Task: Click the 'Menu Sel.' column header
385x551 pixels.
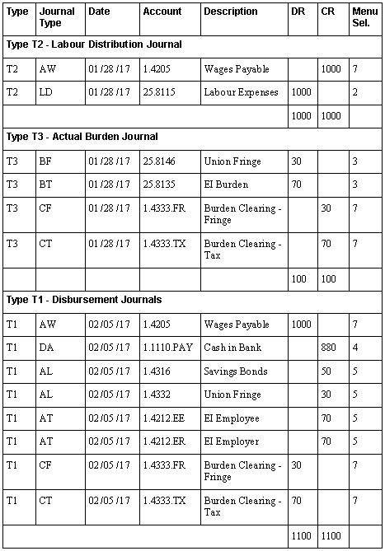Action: (x=364, y=17)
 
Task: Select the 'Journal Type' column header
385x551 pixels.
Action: (x=57, y=17)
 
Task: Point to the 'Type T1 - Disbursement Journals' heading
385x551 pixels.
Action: (x=83, y=300)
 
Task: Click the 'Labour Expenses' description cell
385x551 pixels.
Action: (x=241, y=93)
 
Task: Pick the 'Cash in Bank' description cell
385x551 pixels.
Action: (x=232, y=348)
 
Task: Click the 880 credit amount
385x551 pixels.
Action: (x=329, y=348)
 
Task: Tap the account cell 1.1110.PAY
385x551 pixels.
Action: (x=167, y=348)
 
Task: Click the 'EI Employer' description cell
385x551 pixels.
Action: (x=231, y=441)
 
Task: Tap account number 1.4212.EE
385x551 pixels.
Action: (x=162, y=418)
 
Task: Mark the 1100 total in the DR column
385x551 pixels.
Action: (x=301, y=536)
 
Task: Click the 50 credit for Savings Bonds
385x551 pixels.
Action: (x=326, y=371)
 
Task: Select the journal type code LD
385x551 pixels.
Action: (x=46, y=93)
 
